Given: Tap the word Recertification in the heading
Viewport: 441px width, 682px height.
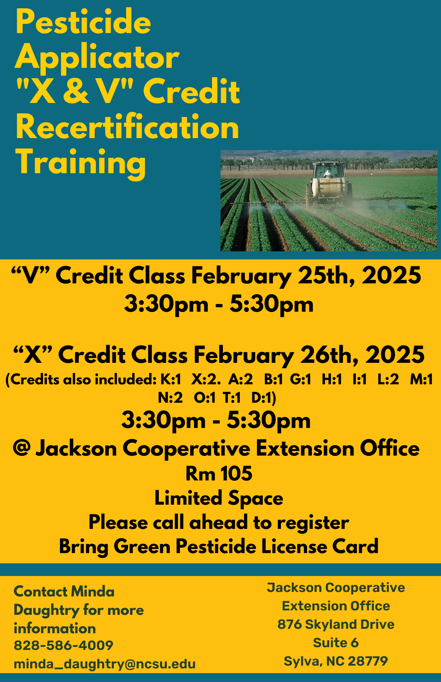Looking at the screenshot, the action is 127,127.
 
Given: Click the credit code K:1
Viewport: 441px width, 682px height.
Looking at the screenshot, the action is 171,380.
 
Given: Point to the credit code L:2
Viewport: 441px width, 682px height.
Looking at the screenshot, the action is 388,380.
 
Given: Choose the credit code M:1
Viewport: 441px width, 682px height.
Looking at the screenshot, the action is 421,380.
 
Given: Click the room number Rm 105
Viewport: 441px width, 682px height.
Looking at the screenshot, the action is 219,474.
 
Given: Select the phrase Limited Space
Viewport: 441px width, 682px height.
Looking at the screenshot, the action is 219,499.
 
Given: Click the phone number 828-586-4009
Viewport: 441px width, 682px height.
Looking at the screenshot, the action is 63,645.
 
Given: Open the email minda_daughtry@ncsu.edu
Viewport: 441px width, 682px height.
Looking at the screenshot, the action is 105,664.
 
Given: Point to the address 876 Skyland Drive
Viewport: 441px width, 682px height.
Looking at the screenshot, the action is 336,624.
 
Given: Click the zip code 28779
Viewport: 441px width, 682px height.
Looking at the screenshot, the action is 368,661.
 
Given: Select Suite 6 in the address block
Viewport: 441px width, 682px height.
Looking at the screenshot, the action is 336,643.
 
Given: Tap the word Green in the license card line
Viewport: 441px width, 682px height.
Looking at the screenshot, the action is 142,547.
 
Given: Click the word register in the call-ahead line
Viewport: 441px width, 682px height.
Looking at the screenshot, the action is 313,523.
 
